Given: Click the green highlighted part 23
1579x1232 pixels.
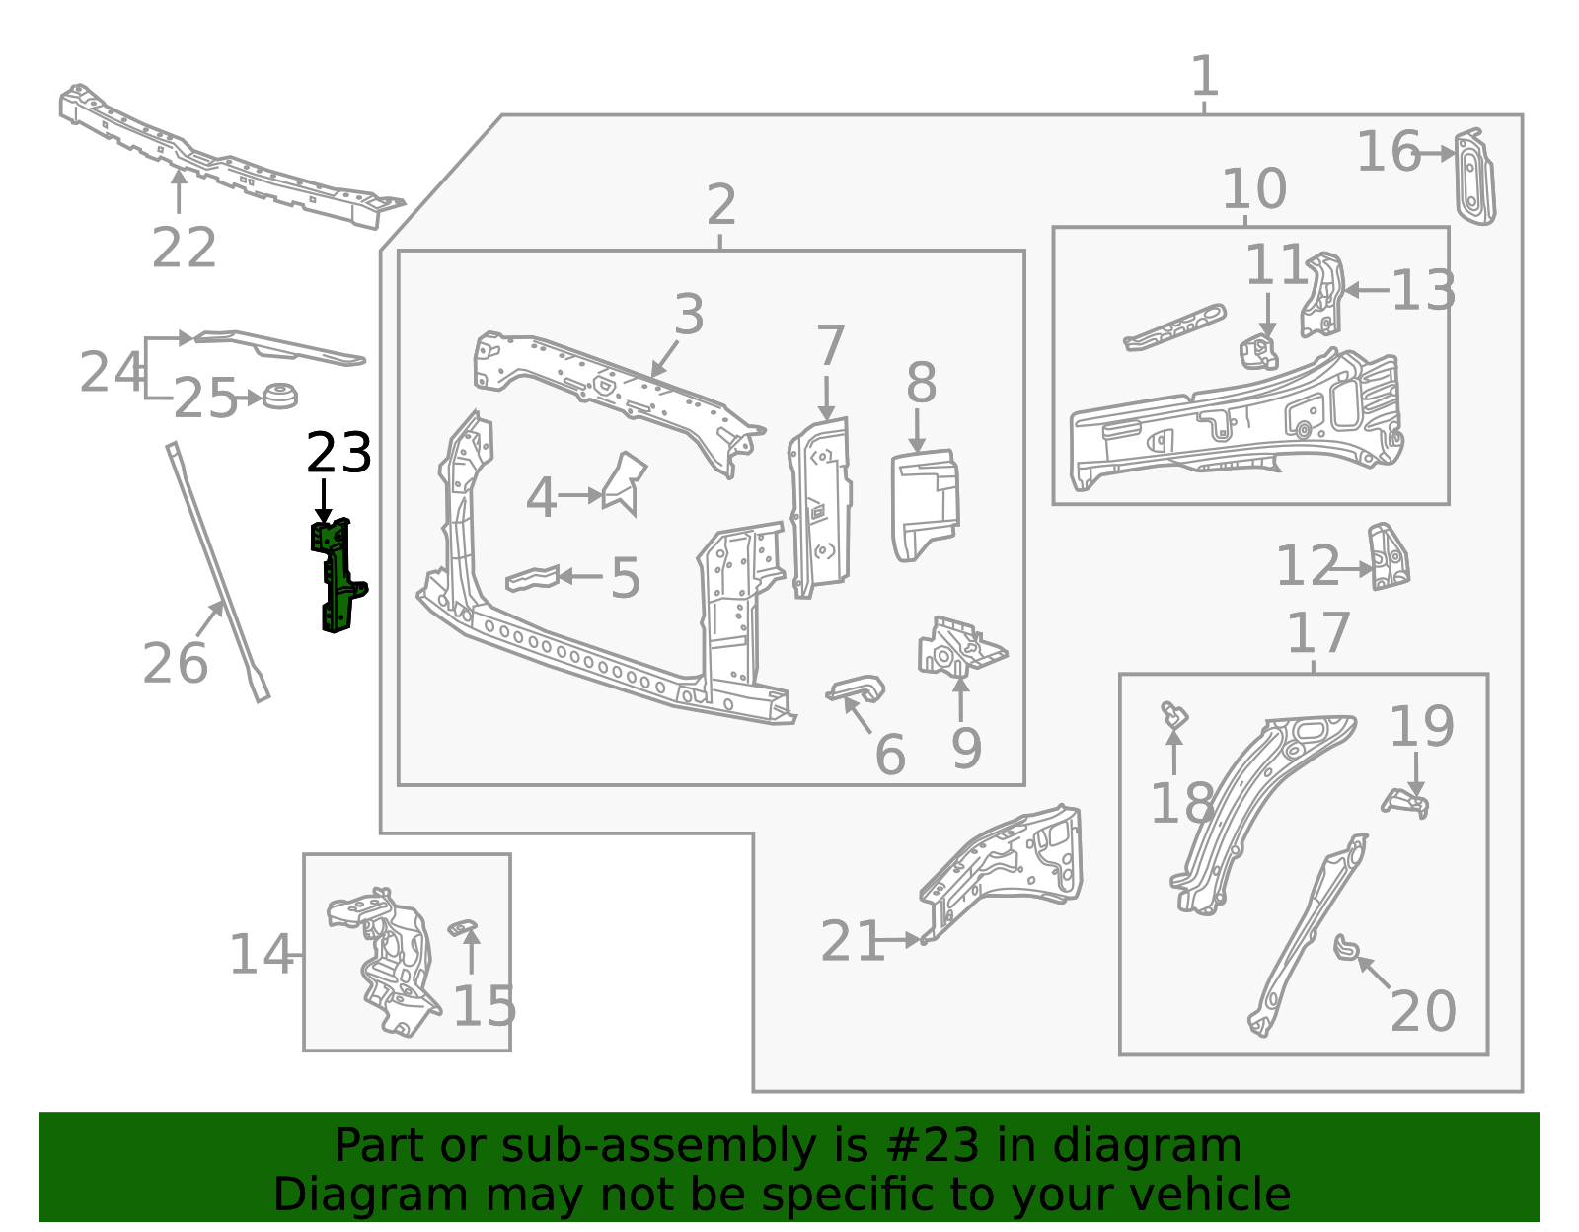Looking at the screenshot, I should [x=337, y=576].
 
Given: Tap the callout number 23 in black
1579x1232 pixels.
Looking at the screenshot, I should [x=338, y=454].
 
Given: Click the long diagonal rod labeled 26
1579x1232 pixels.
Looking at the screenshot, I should [x=217, y=572].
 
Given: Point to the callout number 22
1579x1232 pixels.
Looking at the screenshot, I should [x=184, y=248].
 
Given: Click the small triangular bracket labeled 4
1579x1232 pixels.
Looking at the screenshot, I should [x=625, y=483].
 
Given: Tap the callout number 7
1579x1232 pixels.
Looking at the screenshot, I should [x=830, y=346].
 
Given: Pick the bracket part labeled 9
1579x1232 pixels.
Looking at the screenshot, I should [x=959, y=647].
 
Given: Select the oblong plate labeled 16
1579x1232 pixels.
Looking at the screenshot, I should [x=1475, y=178].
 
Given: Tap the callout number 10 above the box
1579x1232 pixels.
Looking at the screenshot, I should [x=1254, y=188].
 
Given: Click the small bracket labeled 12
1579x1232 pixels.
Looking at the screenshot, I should [x=1389, y=557].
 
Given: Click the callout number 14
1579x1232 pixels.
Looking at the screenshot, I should [x=261, y=954].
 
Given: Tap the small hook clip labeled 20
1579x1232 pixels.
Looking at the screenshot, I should [x=1346, y=947].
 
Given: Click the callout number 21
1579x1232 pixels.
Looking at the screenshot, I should [x=852, y=941].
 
